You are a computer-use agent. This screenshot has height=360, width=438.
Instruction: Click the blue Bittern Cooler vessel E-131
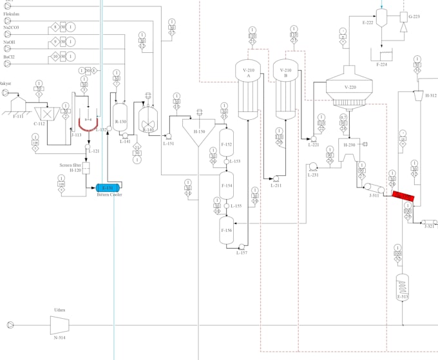[108, 187]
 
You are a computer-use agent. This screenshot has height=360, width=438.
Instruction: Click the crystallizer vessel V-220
[350, 87]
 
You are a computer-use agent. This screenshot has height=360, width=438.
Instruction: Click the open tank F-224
[386, 53]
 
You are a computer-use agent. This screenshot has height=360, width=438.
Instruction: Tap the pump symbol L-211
[275, 178]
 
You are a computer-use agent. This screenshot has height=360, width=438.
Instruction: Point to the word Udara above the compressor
[59, 309]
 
